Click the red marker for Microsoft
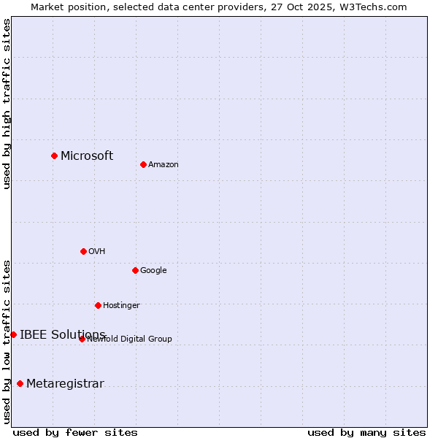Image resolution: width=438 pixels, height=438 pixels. coord(54,155)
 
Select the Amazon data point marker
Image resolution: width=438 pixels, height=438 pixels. coord(143,164)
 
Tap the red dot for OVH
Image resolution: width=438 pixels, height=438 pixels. coord(83,251)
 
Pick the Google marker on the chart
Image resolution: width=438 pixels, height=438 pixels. coord(135,270)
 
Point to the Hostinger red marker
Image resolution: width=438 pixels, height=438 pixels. coord(98,305)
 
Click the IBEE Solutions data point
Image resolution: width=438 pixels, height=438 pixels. coord(13,334)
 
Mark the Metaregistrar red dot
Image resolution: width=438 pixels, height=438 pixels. coord(20,383)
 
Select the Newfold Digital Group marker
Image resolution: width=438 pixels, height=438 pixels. coord(82,339)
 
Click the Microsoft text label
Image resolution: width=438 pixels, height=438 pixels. coord(87,155)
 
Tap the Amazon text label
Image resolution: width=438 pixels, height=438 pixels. coord(164,164)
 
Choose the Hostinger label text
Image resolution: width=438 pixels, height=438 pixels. coord(121,305)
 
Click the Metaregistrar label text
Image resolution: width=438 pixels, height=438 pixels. coord(65,383)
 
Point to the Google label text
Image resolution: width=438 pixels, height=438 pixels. coord(153,270)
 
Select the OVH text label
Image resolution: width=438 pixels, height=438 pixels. coord(97,251)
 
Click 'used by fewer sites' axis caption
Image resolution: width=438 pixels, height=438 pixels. coord(75,432)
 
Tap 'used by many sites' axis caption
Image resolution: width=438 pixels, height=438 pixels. coord(366,432)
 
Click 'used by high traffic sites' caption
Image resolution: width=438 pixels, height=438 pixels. coord(7,104)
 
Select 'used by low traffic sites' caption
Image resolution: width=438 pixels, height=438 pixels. coord(7,341)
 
